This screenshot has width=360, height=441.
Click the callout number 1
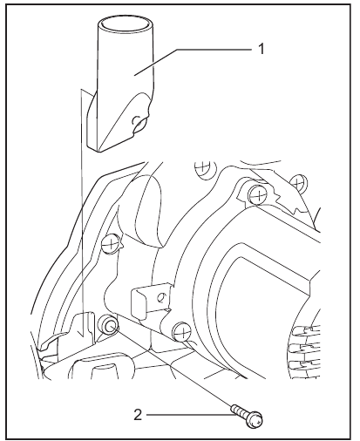(x=262, y=49)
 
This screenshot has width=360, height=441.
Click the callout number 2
(x=138, y=415)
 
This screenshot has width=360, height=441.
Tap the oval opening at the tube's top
(x=126, y=24)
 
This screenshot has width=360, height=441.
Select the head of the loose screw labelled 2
(x=255, y=420)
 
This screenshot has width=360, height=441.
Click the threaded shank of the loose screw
(x=238, y=410)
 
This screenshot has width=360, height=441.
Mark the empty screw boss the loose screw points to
(x=109, y=324)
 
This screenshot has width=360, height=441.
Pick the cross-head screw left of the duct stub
(x=111, y=243)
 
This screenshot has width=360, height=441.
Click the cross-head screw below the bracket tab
(x=181, y=331)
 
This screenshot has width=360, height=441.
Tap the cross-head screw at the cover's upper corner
(x=257, y=194)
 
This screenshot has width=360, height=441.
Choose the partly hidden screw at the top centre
(x=204, y=169)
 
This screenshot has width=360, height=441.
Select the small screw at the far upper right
(x=298, y=182)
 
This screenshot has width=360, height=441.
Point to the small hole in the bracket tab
(x=160, y=297)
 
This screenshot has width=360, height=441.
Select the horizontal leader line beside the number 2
(x=191, y=415)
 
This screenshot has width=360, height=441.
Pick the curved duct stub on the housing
(x=141, y=212)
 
